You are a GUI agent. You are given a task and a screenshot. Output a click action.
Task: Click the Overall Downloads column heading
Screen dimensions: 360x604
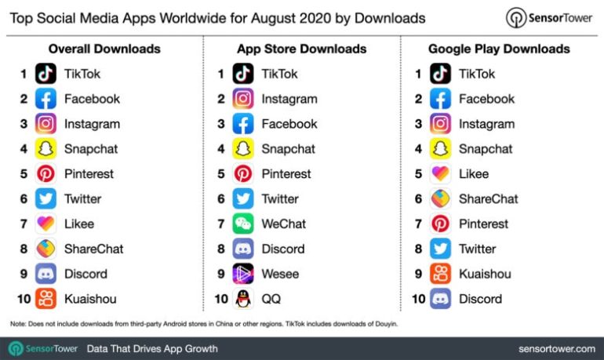click(x=104, y=49)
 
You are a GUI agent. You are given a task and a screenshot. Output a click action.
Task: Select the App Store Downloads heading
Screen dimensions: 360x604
click(x=301, y=49)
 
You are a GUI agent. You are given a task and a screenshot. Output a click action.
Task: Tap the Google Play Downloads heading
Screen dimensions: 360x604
click(x=498, y=49)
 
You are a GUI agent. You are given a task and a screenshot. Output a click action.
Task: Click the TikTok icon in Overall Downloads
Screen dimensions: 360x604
click(x=46, y=74)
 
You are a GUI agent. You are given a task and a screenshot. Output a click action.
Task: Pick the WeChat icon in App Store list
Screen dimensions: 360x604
click(x=243, y=224)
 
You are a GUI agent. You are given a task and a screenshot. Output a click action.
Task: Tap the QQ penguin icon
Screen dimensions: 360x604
click(x=243, y=299)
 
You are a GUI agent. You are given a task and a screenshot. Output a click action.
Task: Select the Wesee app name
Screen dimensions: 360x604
click(x=280, y=274)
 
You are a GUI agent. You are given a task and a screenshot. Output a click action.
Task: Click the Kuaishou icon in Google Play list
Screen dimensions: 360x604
click(x=440, y=274)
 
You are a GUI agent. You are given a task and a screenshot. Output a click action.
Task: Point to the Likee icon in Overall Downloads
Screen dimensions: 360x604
click(x=46, y=224)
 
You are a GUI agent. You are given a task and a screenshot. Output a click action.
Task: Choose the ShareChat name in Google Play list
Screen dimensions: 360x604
click(x=488, y=198)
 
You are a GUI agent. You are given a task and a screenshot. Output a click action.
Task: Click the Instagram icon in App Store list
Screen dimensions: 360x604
click(x=243, y=99)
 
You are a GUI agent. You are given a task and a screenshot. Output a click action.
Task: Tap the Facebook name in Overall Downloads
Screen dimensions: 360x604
click(x=92, y=99)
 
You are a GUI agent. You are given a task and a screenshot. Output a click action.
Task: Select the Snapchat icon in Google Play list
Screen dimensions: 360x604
click(x=440, y=149)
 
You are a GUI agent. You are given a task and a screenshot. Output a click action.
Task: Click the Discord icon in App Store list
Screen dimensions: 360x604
click(x=243, y=249)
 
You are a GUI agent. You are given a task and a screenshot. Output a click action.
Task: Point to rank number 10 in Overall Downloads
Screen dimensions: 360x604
click(x=22, y=299)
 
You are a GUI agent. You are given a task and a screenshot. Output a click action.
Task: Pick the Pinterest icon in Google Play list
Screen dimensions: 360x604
click(x=440, y=224)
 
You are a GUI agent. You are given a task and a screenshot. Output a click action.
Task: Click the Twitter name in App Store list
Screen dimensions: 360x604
click(x=280, y=198)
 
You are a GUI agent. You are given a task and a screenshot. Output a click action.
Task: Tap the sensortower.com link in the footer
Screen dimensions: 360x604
click(x=556, y=348)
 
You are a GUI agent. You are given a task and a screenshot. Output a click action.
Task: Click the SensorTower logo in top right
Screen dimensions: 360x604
click(x=548, y=17)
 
